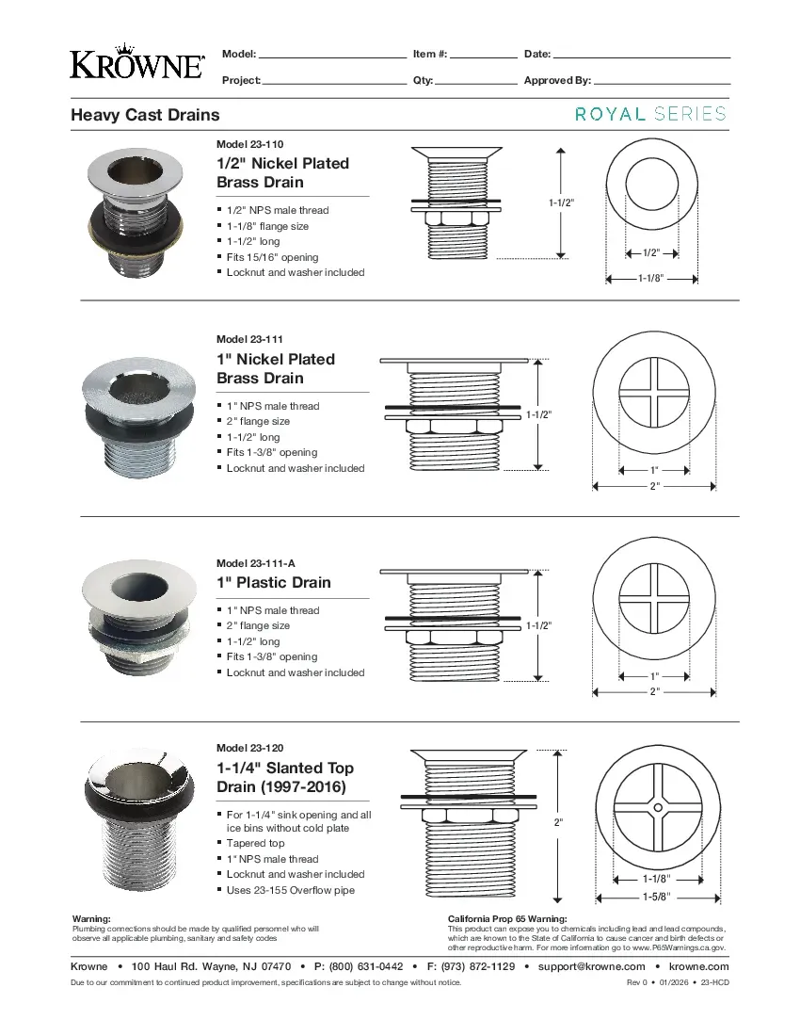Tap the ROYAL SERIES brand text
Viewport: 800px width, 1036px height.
[x=650, y=114]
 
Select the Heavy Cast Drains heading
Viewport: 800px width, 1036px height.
[x=145, y=115]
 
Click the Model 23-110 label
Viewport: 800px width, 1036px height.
[x=249, y=144]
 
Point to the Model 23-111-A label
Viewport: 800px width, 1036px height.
[x=255, y=563]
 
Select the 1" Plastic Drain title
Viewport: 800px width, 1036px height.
[x=274, y=583]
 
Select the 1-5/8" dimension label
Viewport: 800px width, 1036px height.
[x=656, y=896]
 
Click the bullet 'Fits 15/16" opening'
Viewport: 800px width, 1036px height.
[x=272, y=257]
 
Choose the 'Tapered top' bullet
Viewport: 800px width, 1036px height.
[x=255, y=844]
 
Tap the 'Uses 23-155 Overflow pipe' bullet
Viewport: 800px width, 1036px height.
[x=290, y=890]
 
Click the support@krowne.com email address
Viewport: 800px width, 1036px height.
[x=591, y=966]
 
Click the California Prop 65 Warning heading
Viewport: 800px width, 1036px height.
[x=507, y=918]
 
